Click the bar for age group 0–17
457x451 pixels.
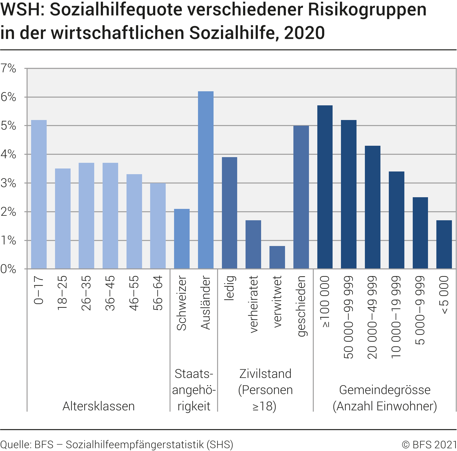pyautogui.click(x=39, y=195)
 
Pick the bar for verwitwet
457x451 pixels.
pyautogui.click(x=277, y=257)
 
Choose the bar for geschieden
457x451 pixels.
pyautogui.click(x=301, y=197)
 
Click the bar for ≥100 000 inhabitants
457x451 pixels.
pyautogui.click(x=325, y=187)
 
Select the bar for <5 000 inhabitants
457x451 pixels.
pyautogui.click(x=444, y=245)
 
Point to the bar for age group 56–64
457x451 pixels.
pyautogui.click(x=158, y=226)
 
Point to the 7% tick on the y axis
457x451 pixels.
pyautogui.click(x=8, y=69)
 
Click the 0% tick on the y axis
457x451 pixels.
pyautogui.click(x=8, y=269)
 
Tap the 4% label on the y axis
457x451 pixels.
pyautogui.click(x=8, y=154)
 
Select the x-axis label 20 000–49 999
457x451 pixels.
pyautogui.click(x=372, y=317)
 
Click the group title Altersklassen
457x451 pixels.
pyautogui.click(x=99, y=406)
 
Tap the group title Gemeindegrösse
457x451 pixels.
pyautogui.click(x=385, y=390)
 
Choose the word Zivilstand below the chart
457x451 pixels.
pyautogui.click(x=265, y=374)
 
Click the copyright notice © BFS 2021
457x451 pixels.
pyautogui.click(x=429, y=444)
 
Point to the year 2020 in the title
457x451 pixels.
pyautogui.click(x=304, y=33)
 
